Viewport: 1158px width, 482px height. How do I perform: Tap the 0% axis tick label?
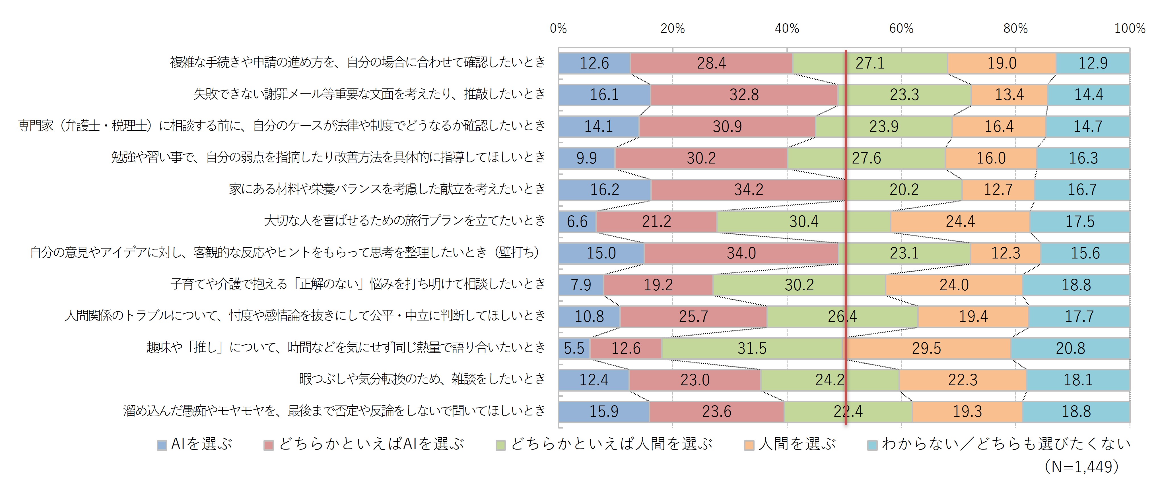558,28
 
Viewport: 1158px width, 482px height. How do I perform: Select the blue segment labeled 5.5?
574,348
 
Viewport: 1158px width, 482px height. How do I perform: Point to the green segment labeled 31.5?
752,348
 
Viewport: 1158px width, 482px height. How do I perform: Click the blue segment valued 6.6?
577,222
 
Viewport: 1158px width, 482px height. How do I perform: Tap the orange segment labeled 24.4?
960,222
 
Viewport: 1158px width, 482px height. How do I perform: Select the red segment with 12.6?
626,348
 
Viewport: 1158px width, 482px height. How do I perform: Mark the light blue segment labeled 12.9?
1093,63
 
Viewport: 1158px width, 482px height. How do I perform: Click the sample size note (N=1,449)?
1081,466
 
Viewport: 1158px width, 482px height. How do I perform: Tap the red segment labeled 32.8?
744,95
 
